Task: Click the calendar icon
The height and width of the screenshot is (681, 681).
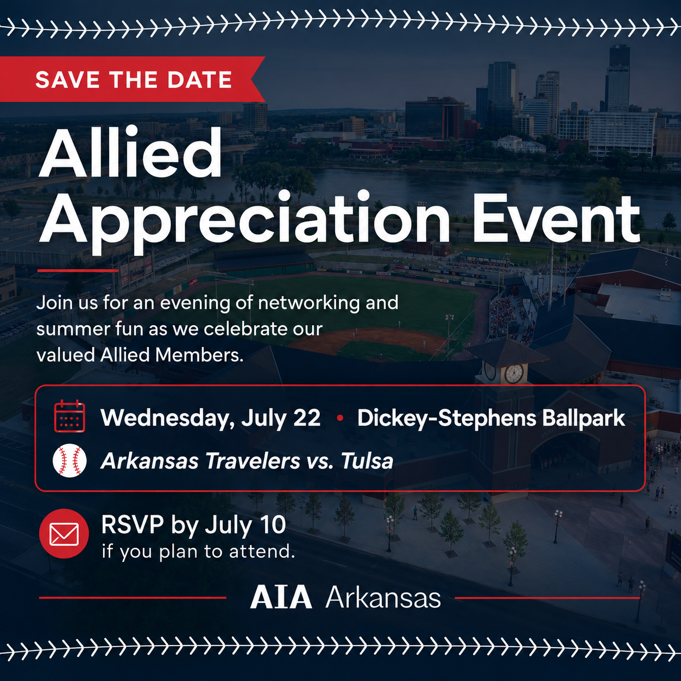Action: [x=70, y=416]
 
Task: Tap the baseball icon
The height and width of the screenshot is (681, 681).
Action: [x=70, y=461]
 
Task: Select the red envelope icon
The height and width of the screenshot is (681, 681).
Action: [x=64, y=534]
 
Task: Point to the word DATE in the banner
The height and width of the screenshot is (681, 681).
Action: [x=200, y=79]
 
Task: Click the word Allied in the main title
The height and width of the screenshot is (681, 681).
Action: [x=130, y=153]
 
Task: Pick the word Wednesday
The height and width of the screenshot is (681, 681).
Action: [x=167, y=419]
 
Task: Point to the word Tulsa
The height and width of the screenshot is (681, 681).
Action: [x=367, y=461]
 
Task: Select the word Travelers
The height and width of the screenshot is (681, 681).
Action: [x=252, y=461]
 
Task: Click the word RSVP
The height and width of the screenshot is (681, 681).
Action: [x=133, y=525]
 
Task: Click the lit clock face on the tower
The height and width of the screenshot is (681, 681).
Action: [x=514, y=373]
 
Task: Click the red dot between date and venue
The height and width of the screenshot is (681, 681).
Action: [x=340, y=418]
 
